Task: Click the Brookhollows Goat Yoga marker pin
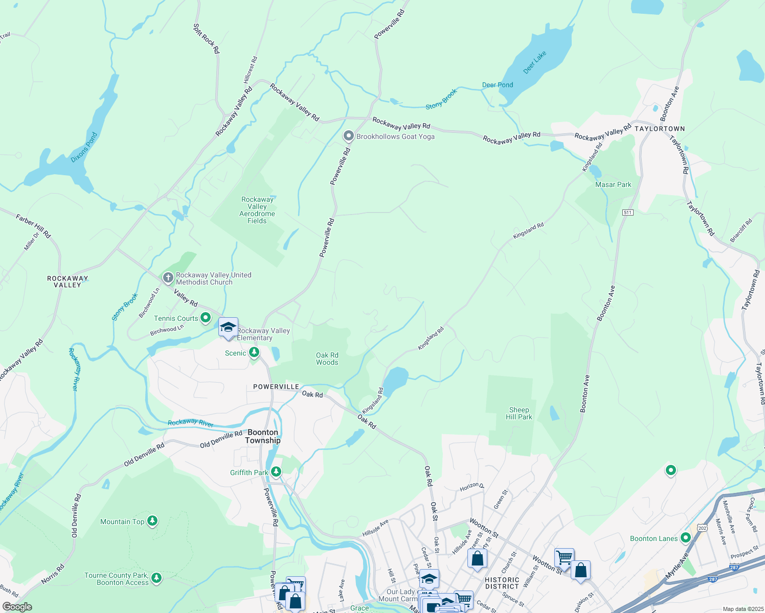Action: (349, 136)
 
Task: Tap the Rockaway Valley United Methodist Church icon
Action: (168, 278)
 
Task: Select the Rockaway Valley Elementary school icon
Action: (228, 327)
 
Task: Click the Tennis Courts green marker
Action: (206, 318)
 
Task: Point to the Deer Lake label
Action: (535, 62)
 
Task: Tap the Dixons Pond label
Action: (84, 148)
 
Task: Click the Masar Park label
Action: (613, 184)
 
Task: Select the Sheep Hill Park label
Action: (519, 413)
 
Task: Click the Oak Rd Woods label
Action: (327, 359)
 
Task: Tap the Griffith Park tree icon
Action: (276, 472)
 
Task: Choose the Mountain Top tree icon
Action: (152, 521)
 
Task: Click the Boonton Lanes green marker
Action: (686, 538)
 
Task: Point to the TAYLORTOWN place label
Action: (660, 129)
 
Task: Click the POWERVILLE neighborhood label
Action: (276, 387)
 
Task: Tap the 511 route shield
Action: (628, 212)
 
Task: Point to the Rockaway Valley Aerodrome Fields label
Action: (258, 210)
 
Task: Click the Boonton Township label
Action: (263, 436)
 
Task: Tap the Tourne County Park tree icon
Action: (156, 578)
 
